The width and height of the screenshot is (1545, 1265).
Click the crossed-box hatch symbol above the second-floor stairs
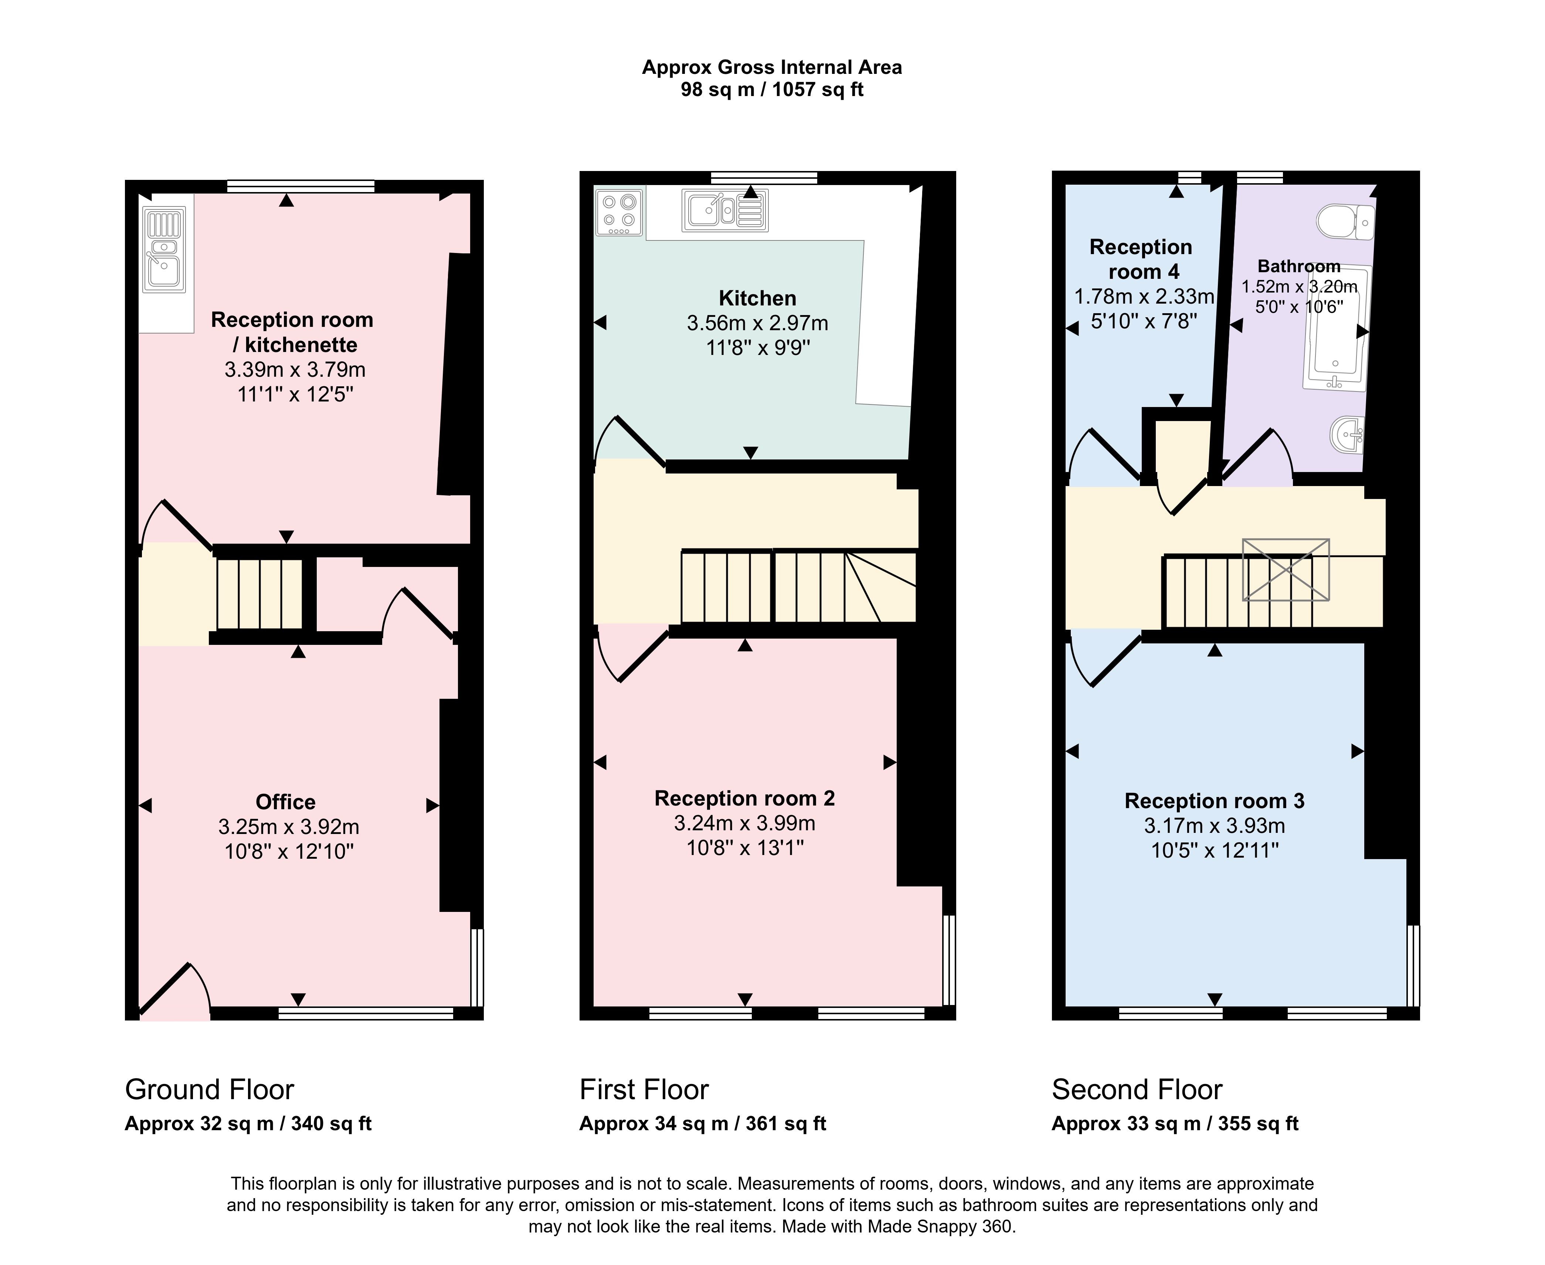coord(1286,570)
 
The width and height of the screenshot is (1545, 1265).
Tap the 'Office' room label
coord(286,802)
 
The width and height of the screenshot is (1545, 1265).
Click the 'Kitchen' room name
coord(758,298)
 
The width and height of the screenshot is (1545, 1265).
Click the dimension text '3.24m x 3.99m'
coord(744,823)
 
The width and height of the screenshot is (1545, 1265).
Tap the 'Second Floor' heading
coord(1137,1090)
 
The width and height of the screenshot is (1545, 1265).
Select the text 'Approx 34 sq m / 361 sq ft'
coord(703,1124)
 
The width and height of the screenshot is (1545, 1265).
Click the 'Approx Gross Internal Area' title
coord(772,68)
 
